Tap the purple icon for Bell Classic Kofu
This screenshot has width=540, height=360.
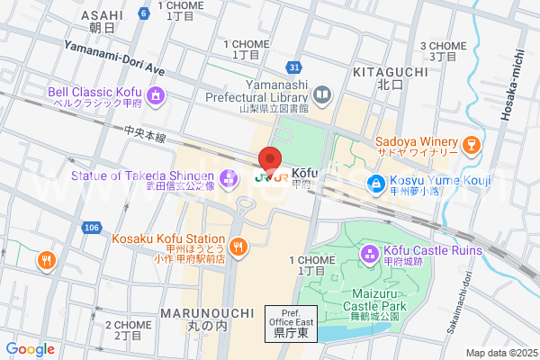tap(155, 94)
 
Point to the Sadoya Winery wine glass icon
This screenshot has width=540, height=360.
tap(469, 144)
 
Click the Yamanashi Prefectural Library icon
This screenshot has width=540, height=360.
tap(322, 93)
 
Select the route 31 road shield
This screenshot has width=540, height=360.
tap(295, 67)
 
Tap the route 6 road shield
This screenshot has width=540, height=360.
tap(144, 13)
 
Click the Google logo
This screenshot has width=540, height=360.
tap(31, 349)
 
